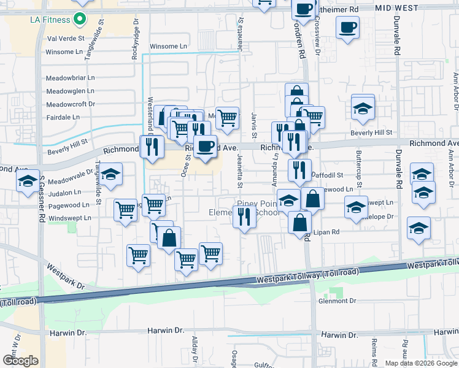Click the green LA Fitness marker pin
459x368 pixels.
coord(79,20)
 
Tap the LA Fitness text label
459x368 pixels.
coord(50,20)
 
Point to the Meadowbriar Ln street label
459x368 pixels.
coord(71,78)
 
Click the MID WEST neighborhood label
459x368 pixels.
coord(396,9)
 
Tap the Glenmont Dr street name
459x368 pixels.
coord(337,301)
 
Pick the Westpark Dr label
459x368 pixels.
coord(65,277)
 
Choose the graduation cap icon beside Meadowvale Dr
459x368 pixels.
coord(111,175)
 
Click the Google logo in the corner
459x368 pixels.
coord(20,361)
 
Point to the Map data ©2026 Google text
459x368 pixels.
coord(420,363)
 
